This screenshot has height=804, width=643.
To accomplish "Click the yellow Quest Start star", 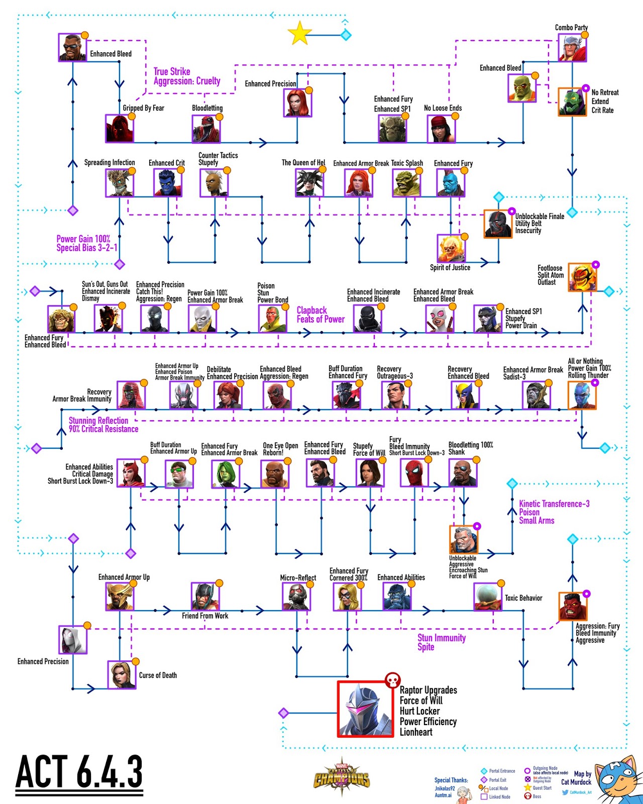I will point(300,34).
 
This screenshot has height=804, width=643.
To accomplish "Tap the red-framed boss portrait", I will point(365,709).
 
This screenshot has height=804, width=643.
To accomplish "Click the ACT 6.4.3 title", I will point(79,772).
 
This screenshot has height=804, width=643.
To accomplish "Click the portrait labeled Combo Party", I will point(572,48).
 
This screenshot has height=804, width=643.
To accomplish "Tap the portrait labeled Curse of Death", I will point(122,674).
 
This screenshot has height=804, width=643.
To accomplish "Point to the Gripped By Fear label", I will point(144,108).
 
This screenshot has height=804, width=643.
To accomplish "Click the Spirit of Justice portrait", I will point(451,248).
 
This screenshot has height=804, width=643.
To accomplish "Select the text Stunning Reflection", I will point(98,421).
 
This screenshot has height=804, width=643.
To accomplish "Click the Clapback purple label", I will point(311,311).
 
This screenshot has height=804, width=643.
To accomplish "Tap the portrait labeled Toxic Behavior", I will point(488,597).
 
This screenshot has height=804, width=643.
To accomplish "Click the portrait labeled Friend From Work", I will point(205,596).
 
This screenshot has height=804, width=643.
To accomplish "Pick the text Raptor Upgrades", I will point(428,690).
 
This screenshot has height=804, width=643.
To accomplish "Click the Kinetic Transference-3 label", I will point(554,504).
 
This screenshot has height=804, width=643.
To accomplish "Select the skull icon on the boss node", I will point(392,680).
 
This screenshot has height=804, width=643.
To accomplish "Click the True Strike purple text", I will point(172,71).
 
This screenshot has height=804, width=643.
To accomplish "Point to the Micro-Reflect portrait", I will point(296,597).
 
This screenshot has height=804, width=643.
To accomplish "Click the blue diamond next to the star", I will point(346,35).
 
